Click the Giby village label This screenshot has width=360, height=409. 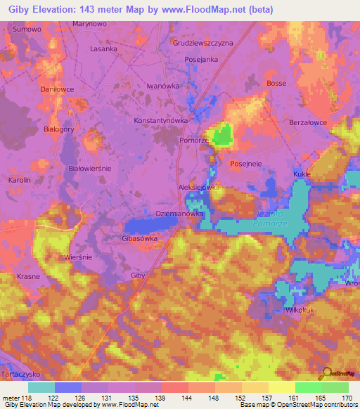[x=138, y=275]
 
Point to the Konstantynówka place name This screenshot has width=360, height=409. [x=162, y=121]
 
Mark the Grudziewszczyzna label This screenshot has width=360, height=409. [x=202, y=43]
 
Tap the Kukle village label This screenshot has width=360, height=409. [x=302, y=173]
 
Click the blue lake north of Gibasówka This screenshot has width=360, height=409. [x=151, y=224]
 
